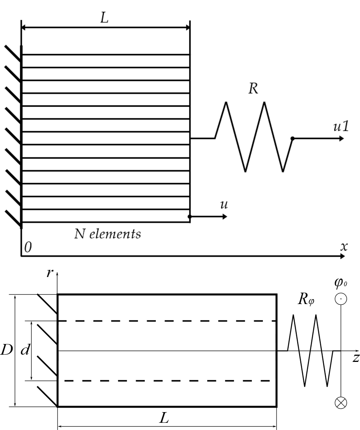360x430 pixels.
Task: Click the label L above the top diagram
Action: coord(104,18)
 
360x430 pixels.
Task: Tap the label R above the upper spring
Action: coord(253,89)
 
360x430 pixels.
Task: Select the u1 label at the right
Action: coord(341,126)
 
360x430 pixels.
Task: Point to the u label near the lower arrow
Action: coord(224,205)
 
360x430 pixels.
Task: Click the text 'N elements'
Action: coord(107,234)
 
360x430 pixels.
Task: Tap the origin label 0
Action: coord(28,247)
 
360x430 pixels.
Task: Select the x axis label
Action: coord(344,247)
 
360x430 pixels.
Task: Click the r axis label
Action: coord(50,273)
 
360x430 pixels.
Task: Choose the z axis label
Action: coord(356,358)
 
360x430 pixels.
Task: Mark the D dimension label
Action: coord(6,350)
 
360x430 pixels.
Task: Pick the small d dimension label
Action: coord(25,350)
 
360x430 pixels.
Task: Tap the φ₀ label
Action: coord(341,283)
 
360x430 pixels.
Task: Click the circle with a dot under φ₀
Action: coord(341,299)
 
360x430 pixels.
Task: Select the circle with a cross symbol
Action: coord(341,403)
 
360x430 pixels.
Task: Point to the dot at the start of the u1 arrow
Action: coord(293,139)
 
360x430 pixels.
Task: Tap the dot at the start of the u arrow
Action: coord(189,217)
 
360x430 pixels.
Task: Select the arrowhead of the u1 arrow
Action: coord(341,139)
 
